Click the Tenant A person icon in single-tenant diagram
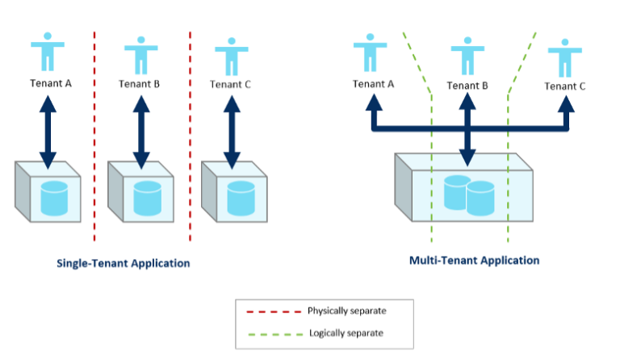48,52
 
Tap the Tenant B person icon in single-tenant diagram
141,56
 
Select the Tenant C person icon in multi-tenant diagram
564,57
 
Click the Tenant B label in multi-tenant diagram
467,86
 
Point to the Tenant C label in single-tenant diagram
230,85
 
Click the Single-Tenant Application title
123,263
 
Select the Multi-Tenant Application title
474,261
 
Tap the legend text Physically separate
347,311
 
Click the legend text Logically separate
346,333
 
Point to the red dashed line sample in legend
274,312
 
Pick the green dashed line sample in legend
275,334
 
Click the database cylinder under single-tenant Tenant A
54,199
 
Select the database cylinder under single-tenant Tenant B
148,199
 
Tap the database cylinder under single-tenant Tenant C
241,199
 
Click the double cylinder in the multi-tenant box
469,195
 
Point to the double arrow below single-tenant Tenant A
48,132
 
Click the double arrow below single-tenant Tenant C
232,132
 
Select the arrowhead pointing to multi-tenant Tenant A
374,103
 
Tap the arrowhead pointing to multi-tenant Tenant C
566,103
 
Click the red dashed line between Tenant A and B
94,136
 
